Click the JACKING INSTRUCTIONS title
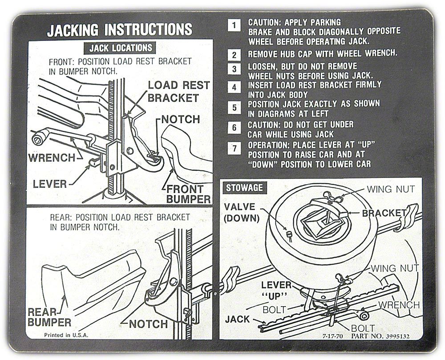(x=120, y=30)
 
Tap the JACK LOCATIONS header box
(x=118, y=48)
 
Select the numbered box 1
(x=234, y=24)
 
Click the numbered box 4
(x=234, y=87)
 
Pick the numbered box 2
(x=234, y=55)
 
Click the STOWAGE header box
(x=244, y=187)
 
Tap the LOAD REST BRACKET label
(x=178, y=91)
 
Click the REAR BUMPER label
(x=49, y=317)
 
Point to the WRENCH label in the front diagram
(x=52, y=158)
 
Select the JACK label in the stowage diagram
(x=237, y=319)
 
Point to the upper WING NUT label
(x=390, y=190)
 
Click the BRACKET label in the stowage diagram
(x=384, y=213)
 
